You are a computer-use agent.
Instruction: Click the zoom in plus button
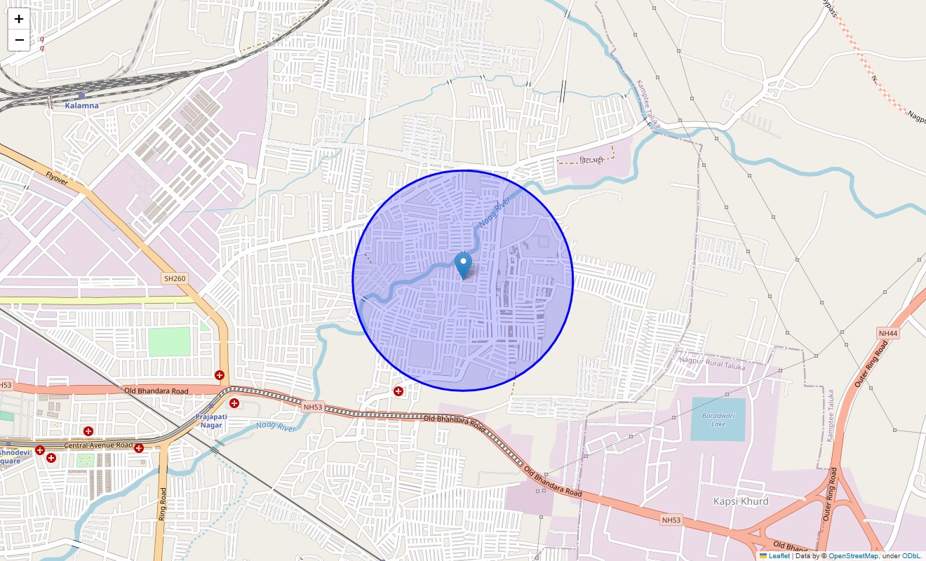19,19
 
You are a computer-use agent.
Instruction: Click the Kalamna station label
81,105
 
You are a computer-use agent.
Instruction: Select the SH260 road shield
175,278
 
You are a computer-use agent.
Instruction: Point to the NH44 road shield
887,333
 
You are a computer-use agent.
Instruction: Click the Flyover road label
57,180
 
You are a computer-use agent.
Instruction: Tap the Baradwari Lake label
718,419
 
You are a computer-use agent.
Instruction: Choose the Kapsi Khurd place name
740,501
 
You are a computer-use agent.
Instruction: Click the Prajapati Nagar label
211,421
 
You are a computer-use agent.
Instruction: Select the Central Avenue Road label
98,445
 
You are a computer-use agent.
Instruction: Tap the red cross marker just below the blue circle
398,391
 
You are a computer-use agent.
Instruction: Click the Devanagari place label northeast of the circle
591,161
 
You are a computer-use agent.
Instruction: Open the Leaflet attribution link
779,556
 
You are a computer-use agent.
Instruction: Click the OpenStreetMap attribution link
853,556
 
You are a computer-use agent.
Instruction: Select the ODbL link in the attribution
913,556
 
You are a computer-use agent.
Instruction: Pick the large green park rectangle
169,342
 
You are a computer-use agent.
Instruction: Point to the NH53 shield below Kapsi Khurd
671,520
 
